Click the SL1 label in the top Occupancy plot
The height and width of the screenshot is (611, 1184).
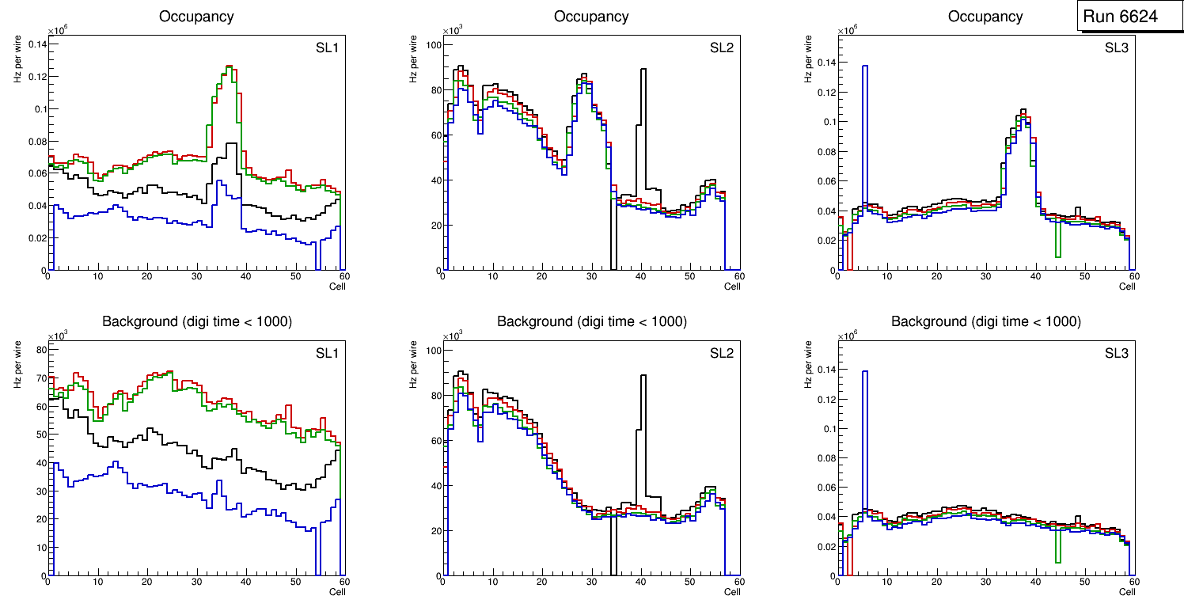point(327,48)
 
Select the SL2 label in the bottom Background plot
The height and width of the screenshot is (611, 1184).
point(721,354)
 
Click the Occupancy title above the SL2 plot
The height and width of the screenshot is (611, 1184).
point(591,17)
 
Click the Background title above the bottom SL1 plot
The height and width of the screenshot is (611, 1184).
point(197,321)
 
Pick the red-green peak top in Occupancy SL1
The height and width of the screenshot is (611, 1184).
point(229,68)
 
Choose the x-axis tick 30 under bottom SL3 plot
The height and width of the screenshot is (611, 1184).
point(986,582)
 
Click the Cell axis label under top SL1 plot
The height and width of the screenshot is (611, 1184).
point(337,286)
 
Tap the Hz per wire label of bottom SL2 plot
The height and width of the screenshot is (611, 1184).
point(413,364)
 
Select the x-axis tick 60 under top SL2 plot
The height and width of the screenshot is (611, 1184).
point(738,276)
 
